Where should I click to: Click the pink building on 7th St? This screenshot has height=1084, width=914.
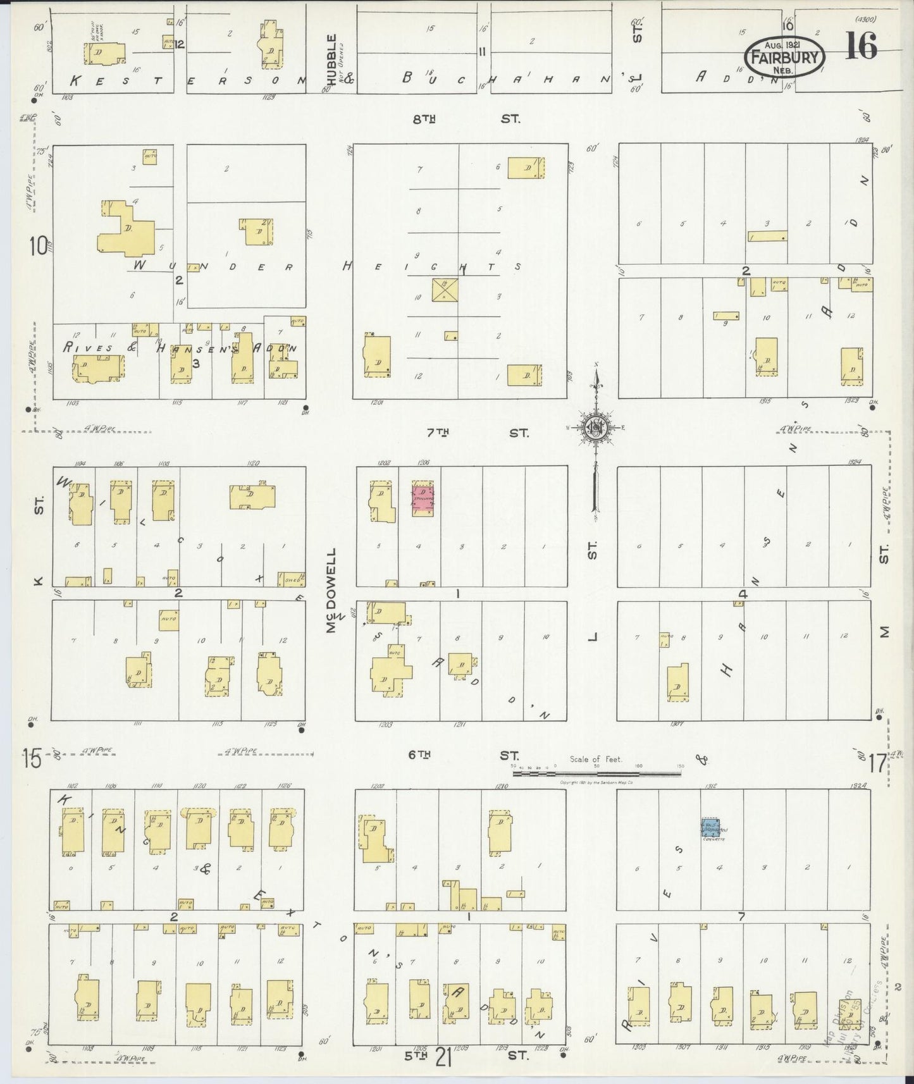point(423,500)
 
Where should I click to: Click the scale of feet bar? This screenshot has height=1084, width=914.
point(598,772)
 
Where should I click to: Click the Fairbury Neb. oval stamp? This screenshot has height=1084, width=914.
point(784,56)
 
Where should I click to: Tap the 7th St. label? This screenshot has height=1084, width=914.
point(475,433)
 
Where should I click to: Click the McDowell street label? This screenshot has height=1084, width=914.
point(331,591)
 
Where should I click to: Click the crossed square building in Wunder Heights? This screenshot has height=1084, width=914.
point(445,290)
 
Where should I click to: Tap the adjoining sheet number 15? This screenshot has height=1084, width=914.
point(33,758)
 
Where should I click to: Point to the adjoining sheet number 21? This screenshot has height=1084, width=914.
point(443,1059)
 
